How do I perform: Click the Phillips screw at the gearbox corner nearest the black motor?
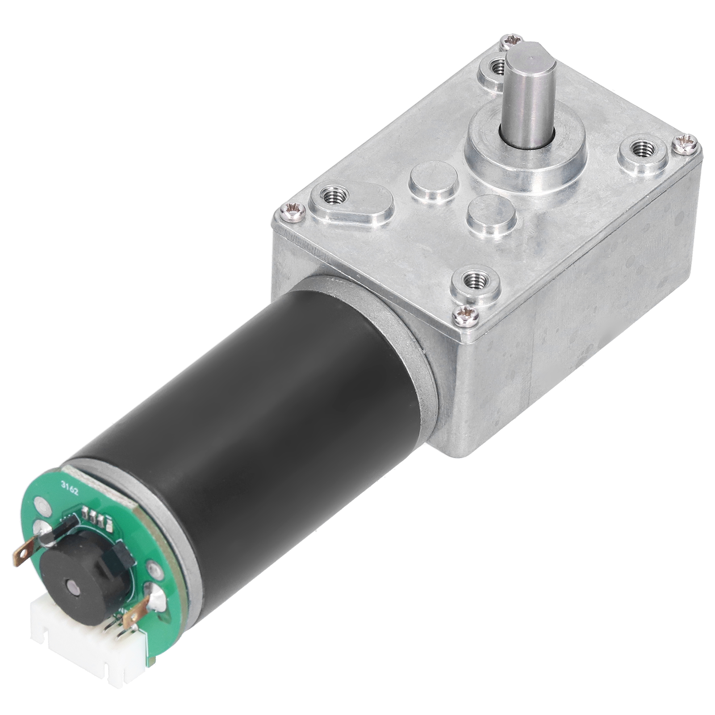click(466, 316)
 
